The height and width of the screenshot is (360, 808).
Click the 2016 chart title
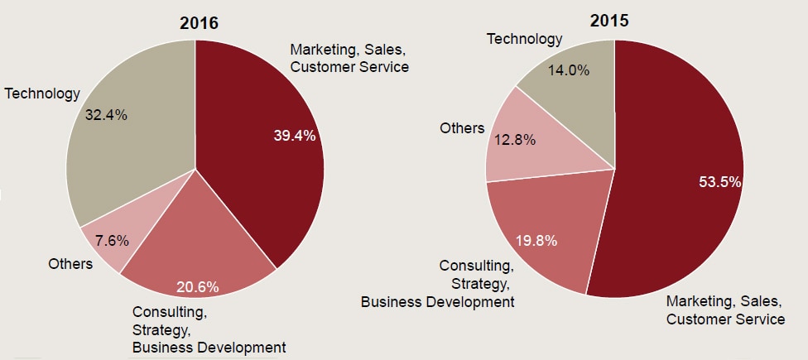pyautogui.click(x=199, y=22)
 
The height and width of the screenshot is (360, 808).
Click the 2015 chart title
pyautogui.click(x=609, y=21)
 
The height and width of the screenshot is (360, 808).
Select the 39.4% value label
pyautogui.click(x=295, y=136)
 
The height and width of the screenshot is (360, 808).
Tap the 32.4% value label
pyautogui.click(x=106, y=115)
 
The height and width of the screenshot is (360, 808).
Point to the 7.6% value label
pyautogui.click(x=112, y=241)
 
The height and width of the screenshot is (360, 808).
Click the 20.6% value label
pyautogui.click(x=198, y=288)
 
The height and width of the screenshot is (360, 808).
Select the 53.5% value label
pyautogui.click(x=719, y=182)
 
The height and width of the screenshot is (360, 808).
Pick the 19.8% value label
pyautogui.click(x=536, y=241)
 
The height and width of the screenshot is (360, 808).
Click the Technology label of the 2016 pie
pyautogui.click(x=42, y=94)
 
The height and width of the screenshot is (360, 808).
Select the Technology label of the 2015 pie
pyautogui.click(x=524, y=39)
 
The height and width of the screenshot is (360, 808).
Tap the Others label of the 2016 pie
pyautogui.click(x=70, y=265)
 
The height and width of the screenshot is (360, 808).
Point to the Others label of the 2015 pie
pyautogui.click(x=462, y=127)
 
